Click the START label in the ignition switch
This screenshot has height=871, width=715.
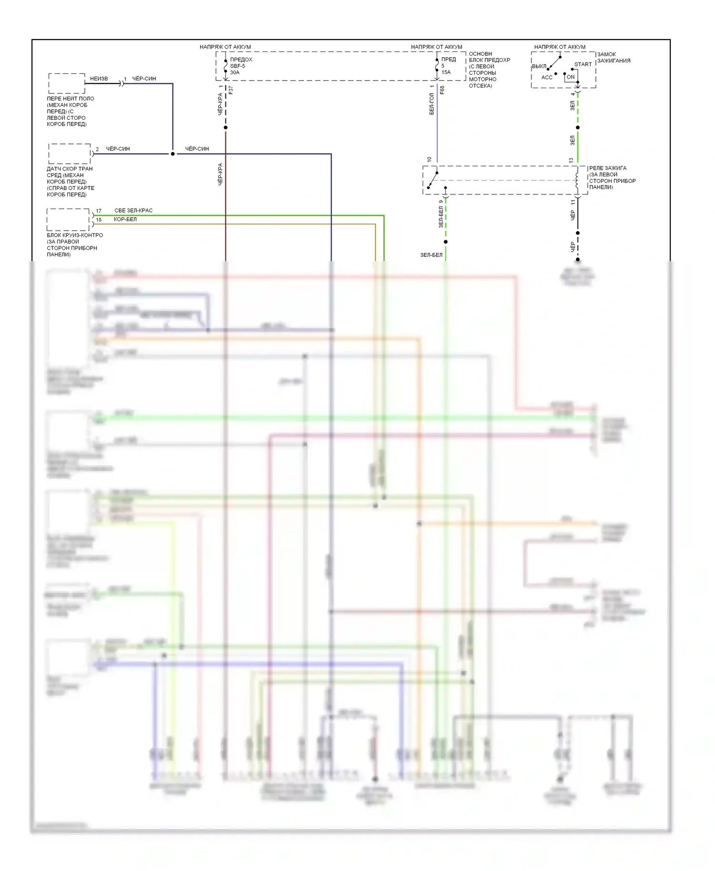pos(582,64)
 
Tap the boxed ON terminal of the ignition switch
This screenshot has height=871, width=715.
pos(571,77)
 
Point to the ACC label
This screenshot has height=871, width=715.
pos(547,77)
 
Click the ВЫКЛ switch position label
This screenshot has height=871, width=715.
pos(539,66)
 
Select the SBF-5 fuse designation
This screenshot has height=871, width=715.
pos(237,66)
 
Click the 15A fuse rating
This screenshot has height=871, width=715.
pos(446,72)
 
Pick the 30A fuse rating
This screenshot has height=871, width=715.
pos(235,72)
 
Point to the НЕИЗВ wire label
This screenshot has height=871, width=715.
pos(99,79)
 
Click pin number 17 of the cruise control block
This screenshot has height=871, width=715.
pos(99,211)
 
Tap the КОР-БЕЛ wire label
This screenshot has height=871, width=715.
pos(125,219)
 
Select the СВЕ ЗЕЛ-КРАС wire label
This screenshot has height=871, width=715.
pos(133,211)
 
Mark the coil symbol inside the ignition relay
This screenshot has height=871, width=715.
pos(577,180)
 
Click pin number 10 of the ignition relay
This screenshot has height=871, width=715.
pos(429,160)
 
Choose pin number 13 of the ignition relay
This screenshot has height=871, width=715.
pos(571,161)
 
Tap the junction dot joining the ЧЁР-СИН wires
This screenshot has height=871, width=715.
pos(173,154)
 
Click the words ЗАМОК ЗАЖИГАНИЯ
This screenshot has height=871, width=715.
pos(613,58)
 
